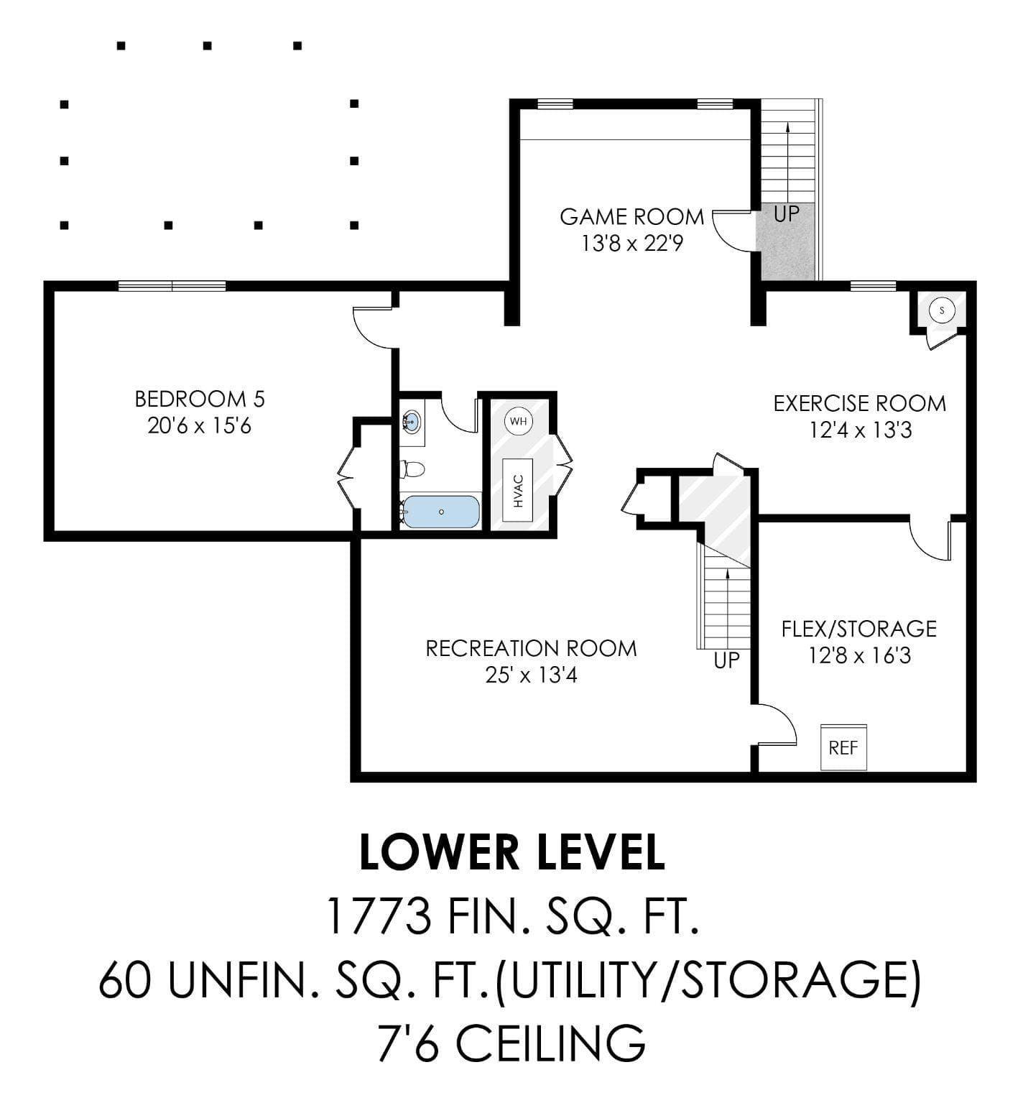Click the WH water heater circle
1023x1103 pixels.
pos(519,421)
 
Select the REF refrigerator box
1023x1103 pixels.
pos(843,747)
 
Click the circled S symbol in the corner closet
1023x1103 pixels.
pos(942,310)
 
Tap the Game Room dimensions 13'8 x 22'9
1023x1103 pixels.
pos(632,244)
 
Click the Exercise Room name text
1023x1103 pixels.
pos(860,403)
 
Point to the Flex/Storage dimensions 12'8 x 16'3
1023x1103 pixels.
pos(860,655)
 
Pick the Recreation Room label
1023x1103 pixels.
pos(532,648)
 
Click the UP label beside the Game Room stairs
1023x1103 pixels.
pos(787,213)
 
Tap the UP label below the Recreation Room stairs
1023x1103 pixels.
pos(726,660)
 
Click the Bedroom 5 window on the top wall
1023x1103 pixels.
pos(172,286)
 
